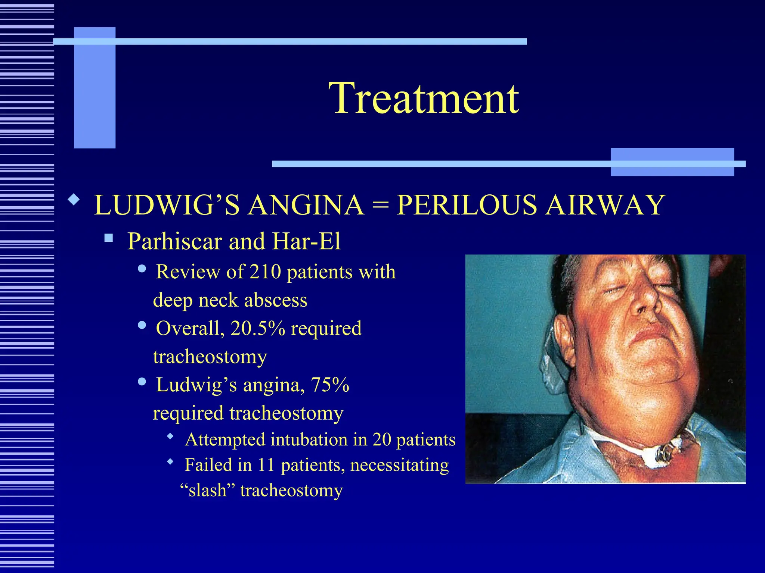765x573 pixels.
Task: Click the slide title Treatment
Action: point(424,98)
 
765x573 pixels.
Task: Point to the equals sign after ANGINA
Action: point(380,206)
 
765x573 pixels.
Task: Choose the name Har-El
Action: point(306,241)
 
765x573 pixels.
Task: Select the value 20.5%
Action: point(258,328)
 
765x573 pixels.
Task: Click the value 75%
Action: point(330,385)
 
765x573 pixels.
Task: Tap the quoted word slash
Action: point(208,490)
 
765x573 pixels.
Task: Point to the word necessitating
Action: point(399,465)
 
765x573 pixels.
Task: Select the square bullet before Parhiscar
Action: point(109,238)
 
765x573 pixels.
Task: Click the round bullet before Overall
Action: point(142,325)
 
